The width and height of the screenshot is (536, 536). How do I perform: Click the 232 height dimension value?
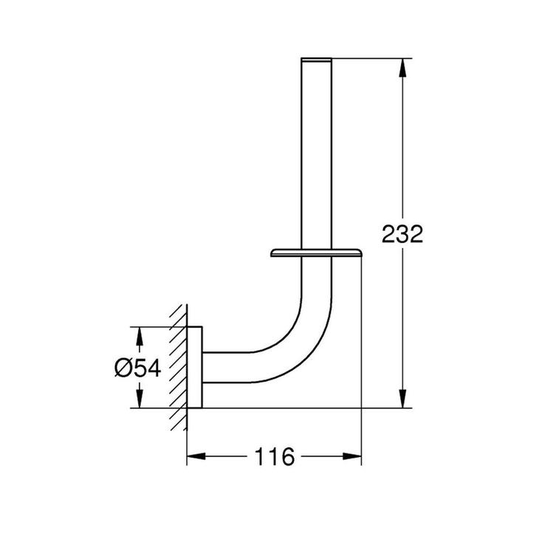pyautogui.click(x=402, y=235)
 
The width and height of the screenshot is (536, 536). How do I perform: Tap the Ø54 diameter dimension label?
pyautogui.click(x=138, y=368)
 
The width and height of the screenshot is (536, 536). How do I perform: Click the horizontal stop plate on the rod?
pyautogui.click(x=315, y=253)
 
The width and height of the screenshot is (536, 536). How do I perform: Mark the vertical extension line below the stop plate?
pyautogui.click(x=362, y=332)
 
